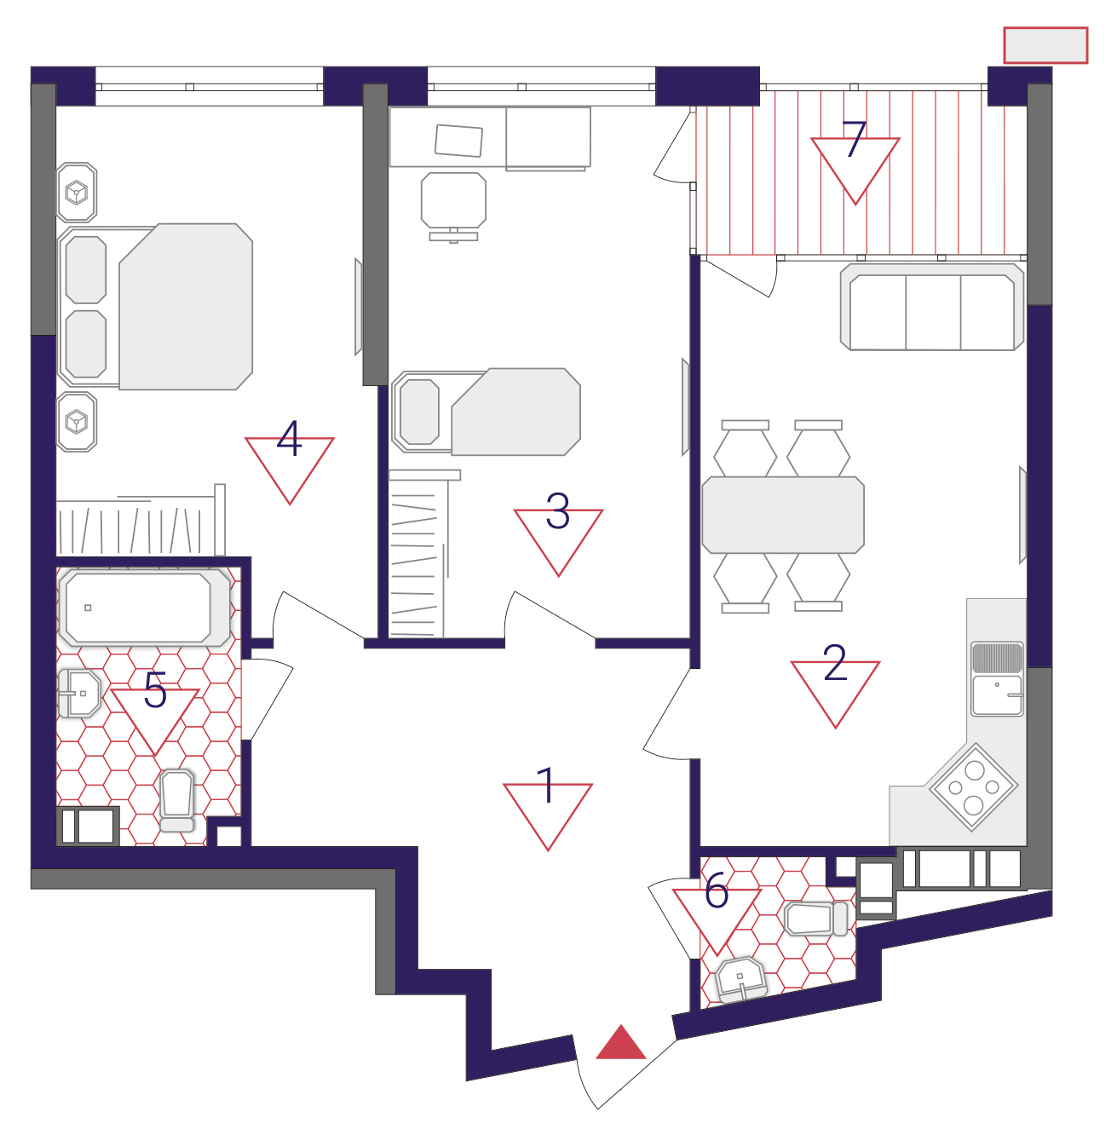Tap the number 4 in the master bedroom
(290, 438)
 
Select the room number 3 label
(557, 510)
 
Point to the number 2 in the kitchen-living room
(834, 662)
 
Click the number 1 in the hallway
(548, 785)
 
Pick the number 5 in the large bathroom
(156, 689)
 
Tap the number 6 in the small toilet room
(717, 890)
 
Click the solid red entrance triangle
(620, 1043)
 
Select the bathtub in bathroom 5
(145, 608)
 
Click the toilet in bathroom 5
(176, 800)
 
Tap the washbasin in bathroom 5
(79, 694)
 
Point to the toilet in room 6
(816, 919)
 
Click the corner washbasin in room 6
(740, 980)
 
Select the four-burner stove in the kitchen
(973, 786)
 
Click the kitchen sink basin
(997, 695)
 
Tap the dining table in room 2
(783, 515)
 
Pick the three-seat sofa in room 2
(932, 307)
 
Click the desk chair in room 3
(453, 206)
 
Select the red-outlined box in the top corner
(1045, 45)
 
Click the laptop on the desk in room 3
(458, 141)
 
